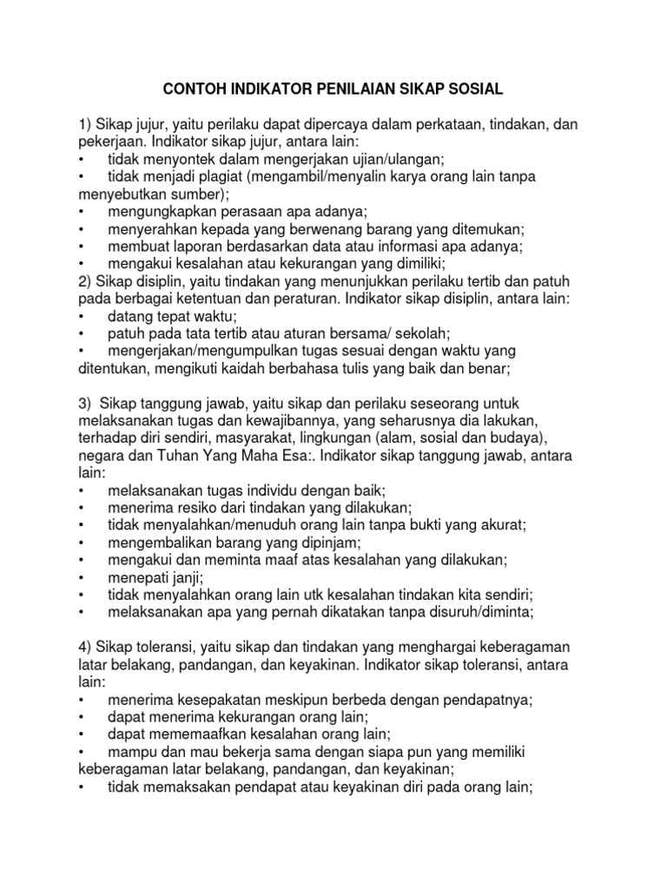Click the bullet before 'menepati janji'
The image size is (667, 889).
[81, 577]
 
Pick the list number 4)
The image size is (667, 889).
[86, 648]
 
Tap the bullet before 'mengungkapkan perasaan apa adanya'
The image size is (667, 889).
[81, 211]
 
